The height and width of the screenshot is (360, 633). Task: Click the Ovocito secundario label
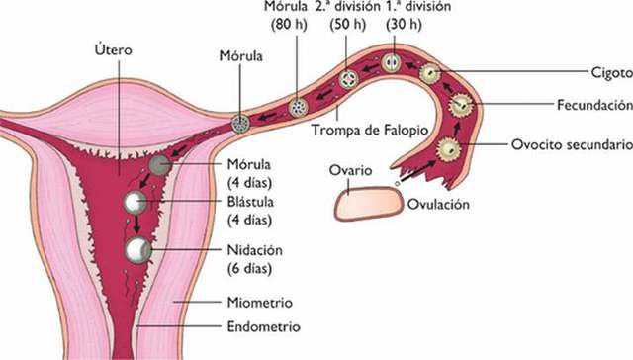(572, 143)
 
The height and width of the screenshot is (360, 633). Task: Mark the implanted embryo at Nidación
(138, 248)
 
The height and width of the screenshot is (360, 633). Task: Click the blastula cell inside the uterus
(134, 203)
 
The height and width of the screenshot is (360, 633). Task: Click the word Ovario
(350, 171)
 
